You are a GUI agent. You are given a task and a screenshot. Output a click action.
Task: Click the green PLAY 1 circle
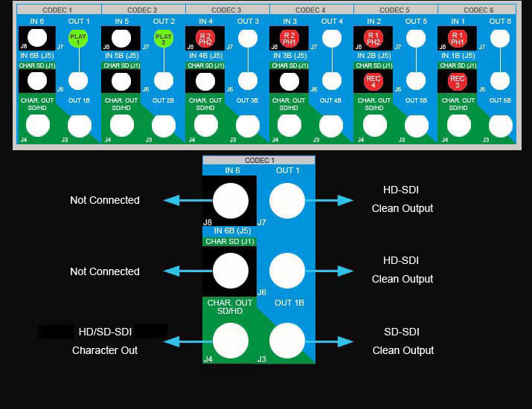[78, 38]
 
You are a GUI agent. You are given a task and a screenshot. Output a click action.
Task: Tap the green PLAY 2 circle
[163, 38]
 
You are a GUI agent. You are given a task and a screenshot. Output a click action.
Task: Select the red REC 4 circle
[374, 81]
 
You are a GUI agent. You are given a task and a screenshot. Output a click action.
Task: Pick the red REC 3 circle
[458, 81]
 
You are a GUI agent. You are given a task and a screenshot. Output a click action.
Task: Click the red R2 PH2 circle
[205, 38]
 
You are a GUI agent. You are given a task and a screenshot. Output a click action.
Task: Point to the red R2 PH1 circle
[289, 38]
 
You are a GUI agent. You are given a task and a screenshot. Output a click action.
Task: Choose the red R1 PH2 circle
[374, 38]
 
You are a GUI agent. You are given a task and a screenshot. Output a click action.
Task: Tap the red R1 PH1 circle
[458, 38]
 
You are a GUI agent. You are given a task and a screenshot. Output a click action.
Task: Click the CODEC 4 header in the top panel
[311, 10]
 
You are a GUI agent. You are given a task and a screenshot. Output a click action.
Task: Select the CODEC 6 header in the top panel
[479, 10]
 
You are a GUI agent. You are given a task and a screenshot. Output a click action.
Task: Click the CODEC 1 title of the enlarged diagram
[259, 160]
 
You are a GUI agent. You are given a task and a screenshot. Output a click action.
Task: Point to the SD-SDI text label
[403, 332]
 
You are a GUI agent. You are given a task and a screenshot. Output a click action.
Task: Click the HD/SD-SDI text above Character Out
[104, 332]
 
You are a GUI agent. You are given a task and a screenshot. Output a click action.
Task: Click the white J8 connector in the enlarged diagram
[230, 200]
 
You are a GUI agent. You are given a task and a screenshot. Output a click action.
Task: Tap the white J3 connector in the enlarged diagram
[286, 341]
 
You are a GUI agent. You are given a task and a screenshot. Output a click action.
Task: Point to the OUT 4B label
[331, 100]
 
